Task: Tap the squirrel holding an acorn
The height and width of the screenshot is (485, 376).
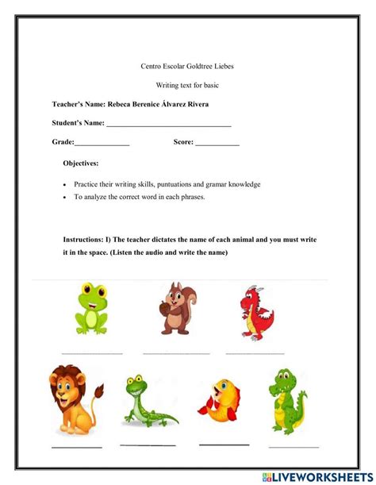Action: click(177, 309)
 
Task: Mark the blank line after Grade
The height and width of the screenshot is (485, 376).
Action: click(102, 144)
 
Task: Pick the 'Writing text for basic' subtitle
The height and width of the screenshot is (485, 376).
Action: click(187, 85)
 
